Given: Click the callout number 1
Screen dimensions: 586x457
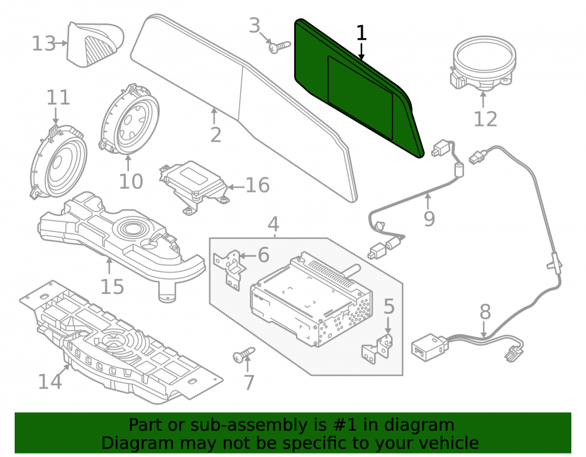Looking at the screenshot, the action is click(361, 33).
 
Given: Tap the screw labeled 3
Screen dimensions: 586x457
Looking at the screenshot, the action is click(280, 47).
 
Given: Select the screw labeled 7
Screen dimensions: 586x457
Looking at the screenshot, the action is click(244, 355).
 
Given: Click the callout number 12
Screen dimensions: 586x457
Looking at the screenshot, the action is click(485, 119).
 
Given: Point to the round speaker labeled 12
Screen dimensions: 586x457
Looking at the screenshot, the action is click(482, 63).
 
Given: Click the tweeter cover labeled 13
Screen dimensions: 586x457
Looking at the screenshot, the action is click(95, 44).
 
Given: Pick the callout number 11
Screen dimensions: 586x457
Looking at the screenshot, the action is click(58, 97).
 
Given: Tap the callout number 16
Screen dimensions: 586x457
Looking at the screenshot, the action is click(257, 185).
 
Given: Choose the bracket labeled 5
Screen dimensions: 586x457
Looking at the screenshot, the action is click(378, 348).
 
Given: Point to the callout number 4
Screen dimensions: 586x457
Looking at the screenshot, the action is click(273, 224).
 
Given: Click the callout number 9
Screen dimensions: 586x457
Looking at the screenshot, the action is click(430, 218).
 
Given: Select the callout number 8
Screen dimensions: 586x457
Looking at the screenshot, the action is click(485, 311).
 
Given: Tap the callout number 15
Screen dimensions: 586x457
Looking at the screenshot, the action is click(112, 287).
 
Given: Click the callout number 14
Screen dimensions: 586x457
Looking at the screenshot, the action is click(50, 382).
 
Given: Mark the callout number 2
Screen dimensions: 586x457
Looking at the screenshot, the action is click(216, 135).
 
